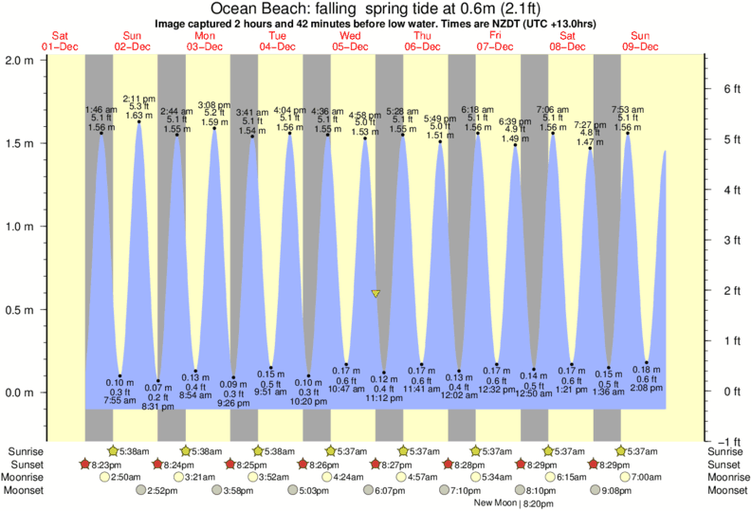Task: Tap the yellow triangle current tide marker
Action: point(376,294)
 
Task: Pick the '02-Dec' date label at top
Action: point(133,46)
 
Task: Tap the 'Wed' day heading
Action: point(351,35)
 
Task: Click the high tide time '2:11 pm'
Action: point(138,99)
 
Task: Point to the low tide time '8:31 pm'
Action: point(157,408)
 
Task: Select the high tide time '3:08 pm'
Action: point(213,104)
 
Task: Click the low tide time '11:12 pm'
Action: point(383,398)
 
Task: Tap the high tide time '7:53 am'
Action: point(628,109)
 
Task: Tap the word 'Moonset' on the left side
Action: point(23,490)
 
